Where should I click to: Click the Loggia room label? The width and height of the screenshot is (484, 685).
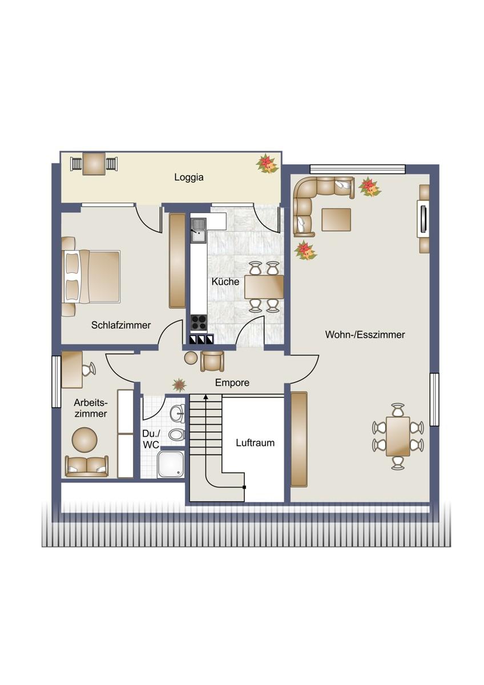189,178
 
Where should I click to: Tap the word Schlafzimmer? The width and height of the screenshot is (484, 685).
121,325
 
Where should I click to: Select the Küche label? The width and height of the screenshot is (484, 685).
225,281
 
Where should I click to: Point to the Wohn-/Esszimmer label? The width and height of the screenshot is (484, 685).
365,335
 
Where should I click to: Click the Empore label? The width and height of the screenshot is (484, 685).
232,382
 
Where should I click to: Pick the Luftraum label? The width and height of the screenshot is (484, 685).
255,443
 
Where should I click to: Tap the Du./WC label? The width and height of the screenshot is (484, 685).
151,440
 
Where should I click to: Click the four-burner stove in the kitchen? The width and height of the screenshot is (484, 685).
199,323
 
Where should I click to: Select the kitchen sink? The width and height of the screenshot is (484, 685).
199,230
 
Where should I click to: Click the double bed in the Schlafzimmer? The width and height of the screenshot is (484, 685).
91,277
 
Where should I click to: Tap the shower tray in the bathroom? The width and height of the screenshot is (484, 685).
171,465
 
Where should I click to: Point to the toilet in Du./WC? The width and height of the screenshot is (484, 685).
177,434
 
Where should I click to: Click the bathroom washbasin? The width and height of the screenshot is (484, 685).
178,413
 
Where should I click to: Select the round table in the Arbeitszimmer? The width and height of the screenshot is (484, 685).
84,440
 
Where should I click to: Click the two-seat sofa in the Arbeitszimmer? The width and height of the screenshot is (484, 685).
87,466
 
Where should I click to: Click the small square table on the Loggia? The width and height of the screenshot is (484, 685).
94,164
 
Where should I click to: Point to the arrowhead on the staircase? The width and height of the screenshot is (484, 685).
206,397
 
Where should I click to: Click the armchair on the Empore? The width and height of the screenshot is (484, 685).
212,361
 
